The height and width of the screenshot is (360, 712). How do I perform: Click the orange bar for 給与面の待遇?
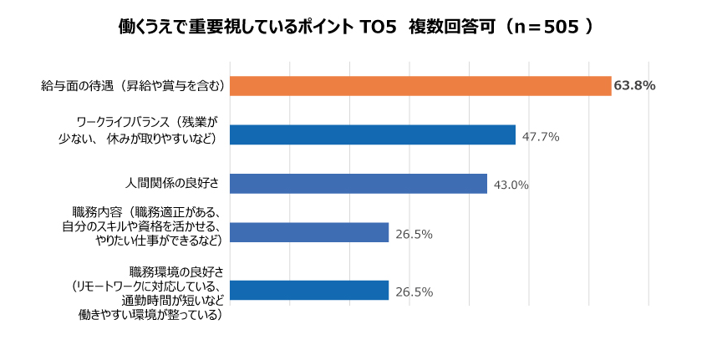point(420,86)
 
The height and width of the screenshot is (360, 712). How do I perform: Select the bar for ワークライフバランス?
point(372,135)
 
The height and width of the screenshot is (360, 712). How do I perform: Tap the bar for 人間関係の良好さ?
point(358,184)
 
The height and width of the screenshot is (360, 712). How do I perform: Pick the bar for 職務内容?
point(308,233)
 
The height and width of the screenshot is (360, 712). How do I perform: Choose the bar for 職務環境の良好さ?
point(308,291)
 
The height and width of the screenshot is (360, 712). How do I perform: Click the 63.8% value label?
point(634,86)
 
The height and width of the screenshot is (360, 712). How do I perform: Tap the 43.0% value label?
point(511,185)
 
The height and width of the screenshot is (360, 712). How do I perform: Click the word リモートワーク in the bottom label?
point(113,285)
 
